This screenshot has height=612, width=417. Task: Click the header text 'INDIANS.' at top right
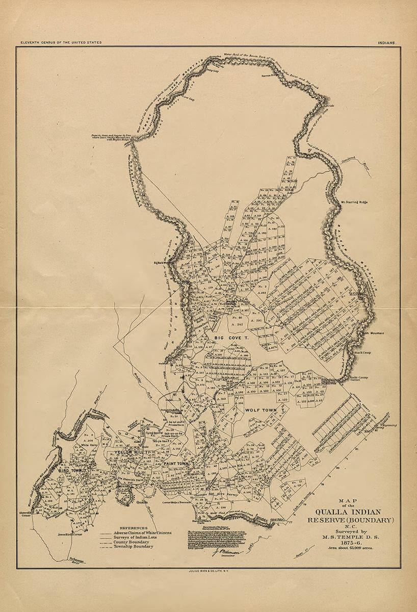tap(388, 43)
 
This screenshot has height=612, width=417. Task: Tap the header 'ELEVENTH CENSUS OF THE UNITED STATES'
tap(61, 43)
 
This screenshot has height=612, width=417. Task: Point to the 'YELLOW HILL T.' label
tap(131, 452)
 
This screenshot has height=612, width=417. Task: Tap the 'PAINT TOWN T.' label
tap(177, 463)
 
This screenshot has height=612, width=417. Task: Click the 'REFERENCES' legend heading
tap(134, 528)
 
